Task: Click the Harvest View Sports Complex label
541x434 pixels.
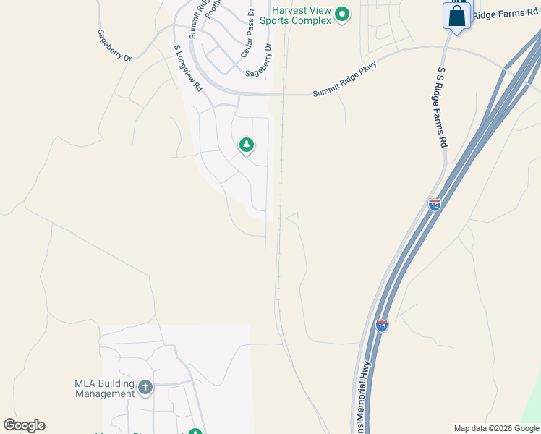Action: point(302,15)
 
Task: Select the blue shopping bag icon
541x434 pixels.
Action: point(457,16)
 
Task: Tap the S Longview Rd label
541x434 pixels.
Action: point(187,68)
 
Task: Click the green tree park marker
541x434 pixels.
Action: point(247,145)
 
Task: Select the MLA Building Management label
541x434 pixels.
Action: point(105,388)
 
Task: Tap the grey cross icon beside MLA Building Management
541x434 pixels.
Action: point(145,388)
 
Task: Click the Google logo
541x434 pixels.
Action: point(24,425)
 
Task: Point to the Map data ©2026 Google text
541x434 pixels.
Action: point(496,428)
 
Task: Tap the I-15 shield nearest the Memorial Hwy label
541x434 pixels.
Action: point(382,325)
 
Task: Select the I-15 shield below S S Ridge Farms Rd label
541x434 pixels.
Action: point(434,205)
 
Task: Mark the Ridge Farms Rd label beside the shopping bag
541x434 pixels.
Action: point(506,14)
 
